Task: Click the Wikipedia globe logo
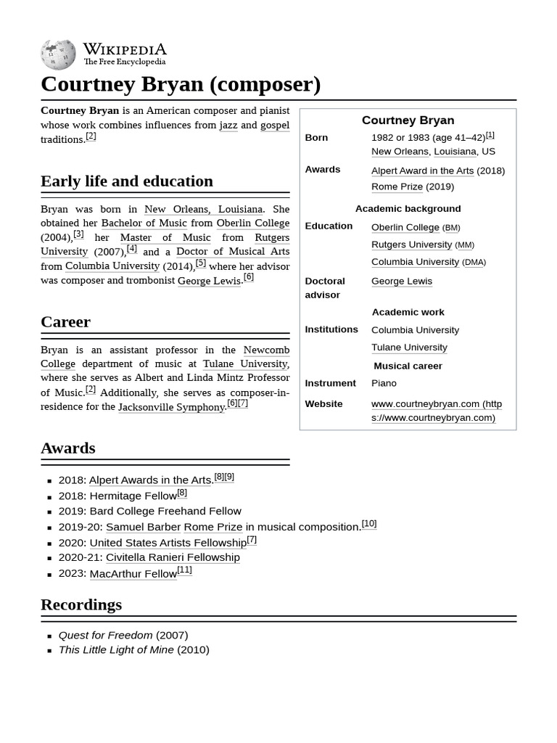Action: point(58,54)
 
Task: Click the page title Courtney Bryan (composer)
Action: point(181,84)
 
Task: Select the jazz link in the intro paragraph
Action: point(228,125)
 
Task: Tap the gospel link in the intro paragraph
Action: point(275,125)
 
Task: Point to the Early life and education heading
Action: point(127,181)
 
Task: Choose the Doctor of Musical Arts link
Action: point(233,251)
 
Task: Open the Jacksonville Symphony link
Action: point(171,407)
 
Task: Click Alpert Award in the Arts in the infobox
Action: point(422,171)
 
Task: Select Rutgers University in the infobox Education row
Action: point(411,245)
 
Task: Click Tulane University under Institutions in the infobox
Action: point(409,348)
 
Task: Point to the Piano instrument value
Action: point(384,383)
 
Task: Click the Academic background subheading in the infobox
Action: point(408,208)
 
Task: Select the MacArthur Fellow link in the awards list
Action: point(133,574)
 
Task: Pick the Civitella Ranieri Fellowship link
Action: point(173,557)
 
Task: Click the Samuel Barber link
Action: point(143,527)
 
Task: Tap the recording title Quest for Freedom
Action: point(106,635)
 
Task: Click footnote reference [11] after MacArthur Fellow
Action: point(185,570)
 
